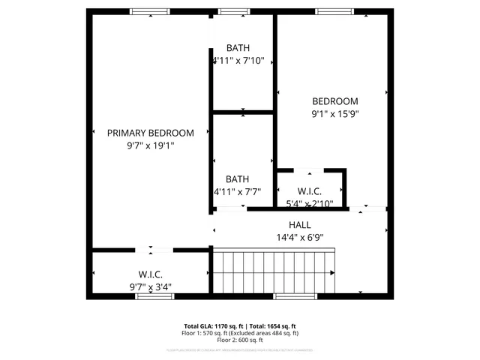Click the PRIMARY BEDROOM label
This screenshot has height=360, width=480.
tap(150, 133)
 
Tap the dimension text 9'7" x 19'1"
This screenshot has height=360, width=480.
tap(150, 145)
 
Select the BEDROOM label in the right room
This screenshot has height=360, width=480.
tap(335, 101)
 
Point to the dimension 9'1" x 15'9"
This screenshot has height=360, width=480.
tap(335, 114)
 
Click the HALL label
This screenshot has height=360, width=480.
tap(299, 225)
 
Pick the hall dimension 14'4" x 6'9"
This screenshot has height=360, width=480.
tap(299, 238)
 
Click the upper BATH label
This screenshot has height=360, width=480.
tap(238, 48)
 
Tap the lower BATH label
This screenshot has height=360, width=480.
tap(238, 179)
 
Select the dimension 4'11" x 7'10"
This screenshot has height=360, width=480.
tap(238, 61)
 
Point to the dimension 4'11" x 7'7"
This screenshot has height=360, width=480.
tap(238, 192)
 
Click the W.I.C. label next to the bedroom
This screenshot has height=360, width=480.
tap(309, 192)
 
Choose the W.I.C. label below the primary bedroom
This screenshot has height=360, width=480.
tap(150, 275)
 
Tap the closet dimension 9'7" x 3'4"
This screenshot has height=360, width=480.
tap(150, 287)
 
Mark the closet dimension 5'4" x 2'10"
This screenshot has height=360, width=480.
tap(309, 202)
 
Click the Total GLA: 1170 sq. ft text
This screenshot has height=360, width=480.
tap(214, 326)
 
